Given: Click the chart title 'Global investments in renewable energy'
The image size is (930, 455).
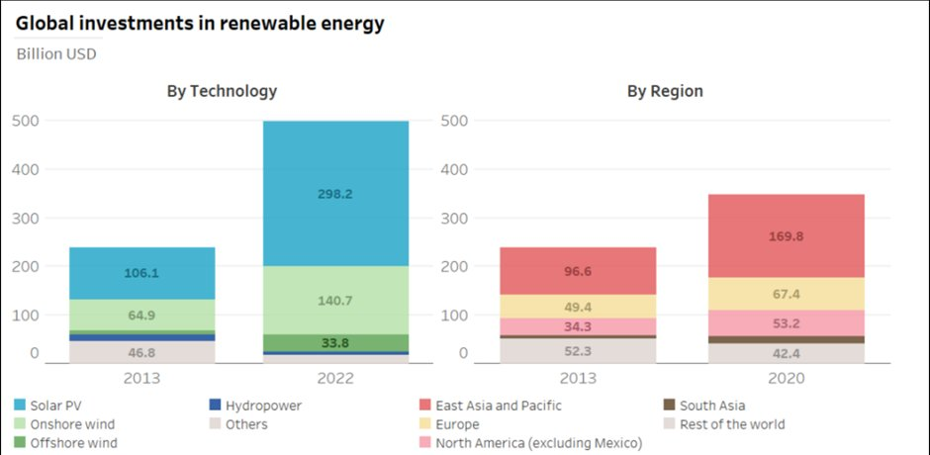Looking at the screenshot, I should point(200,24).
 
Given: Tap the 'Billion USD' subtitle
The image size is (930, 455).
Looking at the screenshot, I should point(56,53).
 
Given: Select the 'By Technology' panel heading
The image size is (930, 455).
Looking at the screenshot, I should point(222,91).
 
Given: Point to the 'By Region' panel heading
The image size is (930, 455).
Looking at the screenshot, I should point(665,91).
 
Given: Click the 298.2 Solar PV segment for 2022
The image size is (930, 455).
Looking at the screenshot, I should point(335,194).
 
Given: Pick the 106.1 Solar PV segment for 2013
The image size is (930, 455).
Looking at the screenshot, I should point(141,273).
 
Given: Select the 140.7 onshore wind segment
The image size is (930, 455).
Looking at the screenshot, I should point(335,301).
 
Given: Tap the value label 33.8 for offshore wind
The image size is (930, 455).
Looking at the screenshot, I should point(335,343).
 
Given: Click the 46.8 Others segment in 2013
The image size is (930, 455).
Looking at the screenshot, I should point(141,352).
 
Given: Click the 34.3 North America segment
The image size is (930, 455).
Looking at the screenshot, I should point(579,326).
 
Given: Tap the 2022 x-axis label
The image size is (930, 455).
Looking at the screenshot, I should point(335,378).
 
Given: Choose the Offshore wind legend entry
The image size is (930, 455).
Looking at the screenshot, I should point(74,443).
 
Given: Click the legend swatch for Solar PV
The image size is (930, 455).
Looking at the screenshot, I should point(22,406).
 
